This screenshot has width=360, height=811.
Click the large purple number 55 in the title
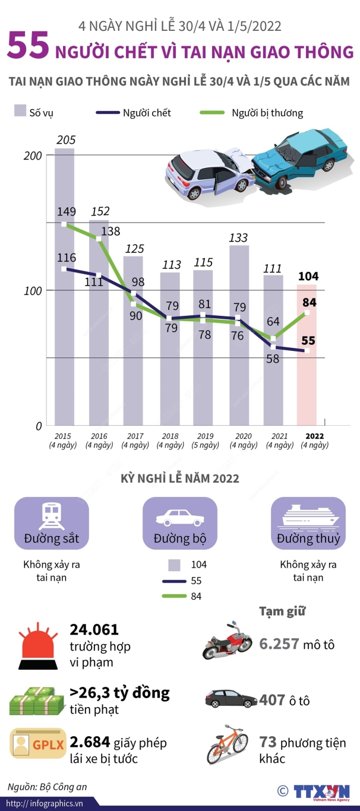[28, 46]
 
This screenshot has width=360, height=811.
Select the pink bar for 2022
[307, 355]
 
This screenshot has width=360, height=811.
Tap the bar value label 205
[65, 140]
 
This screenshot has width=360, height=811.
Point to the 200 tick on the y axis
[33, 156]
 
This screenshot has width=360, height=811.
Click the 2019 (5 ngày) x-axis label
[206, 441]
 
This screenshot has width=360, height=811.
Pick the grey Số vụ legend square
[20, 110]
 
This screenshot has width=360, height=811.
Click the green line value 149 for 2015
[67, 211]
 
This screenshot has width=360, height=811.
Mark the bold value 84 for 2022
[310, 302]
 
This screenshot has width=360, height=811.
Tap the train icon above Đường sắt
[52, 517]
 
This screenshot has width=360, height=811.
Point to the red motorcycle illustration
[227, 641]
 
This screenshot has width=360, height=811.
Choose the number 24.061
[94, 629]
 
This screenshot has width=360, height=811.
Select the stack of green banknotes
[36, 700]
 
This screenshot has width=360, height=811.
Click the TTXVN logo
[321, 791]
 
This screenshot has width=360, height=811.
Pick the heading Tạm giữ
[282, 611]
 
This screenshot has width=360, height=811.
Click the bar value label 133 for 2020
[238, 238]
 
